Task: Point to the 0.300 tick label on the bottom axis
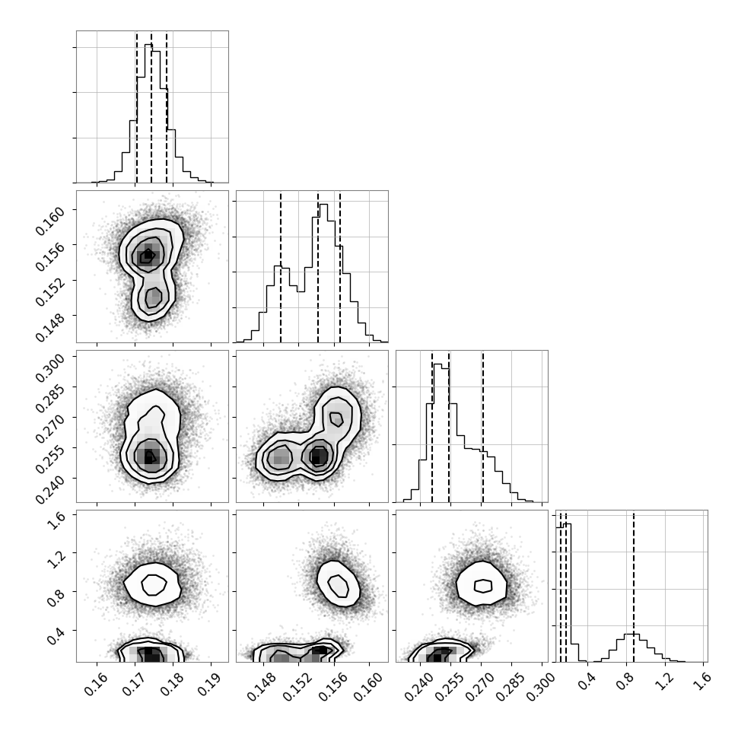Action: pyautogui.click(x=536, y=686)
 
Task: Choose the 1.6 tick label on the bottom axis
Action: pyautogui.click(x=700, y=681)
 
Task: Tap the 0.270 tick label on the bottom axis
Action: pyautogui.click(x=476, y=686)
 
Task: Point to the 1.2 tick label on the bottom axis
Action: pyautogui.click(x=661, y=681)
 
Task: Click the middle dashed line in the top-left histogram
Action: pyautogui.click(x=151, y=107)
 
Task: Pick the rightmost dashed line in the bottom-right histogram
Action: pyautogui.click(x=634, y=586)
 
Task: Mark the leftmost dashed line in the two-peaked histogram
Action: pyautogui.click(x=281, y=267)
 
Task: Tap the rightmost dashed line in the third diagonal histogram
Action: pyautogui.click(x=483, y=426)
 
